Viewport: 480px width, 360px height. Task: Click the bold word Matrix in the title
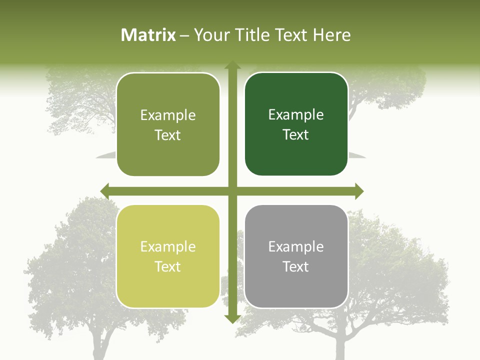pyautogui.click(x=148, y=35)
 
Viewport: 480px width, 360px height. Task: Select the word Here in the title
pyautogui.click(x=332, y=35)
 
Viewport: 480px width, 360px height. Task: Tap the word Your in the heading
pyautogui.click(x=211, y=35)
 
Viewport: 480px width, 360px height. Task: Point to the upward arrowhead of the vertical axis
pyautogui.click(x=232, y=65)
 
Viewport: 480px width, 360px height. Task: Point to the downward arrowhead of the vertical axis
pyautogui.click(x=232, y=319)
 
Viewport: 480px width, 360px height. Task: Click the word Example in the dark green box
pyautogui.click(x=296, y=114)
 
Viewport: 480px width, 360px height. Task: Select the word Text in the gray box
pyautogui.click(x=296, y=266)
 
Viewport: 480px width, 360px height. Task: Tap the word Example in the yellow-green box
pyautogui.click(x=168, y=246)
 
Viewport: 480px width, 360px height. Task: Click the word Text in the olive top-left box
pyautogui.click(x=168, y=135)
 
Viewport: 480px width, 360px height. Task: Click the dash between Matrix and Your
pyautogui.click(x=184, y=35)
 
